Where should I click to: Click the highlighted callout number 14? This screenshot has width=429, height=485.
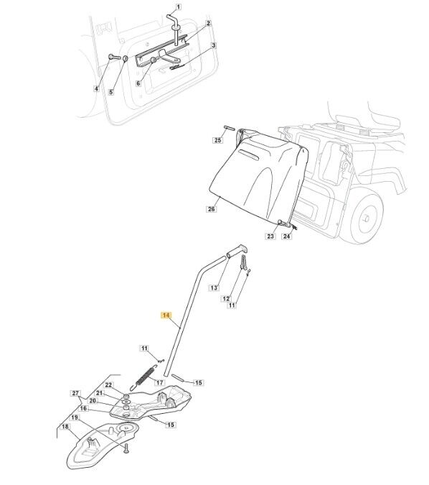point(166,315)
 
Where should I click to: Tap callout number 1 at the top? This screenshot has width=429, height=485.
point(178,6)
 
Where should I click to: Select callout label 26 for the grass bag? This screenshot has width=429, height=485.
point(211,209)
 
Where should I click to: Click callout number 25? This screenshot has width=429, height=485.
point(218,140)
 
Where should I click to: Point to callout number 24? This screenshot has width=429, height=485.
point(287,236)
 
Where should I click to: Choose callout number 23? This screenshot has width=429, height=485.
point(270,236)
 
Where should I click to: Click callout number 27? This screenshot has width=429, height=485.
point(75,394)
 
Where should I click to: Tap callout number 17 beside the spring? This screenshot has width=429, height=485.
point(159,382)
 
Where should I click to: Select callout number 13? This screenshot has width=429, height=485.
point(214,288)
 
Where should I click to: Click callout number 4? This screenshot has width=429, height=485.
point(96,89)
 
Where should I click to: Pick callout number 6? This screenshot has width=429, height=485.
point(138,83)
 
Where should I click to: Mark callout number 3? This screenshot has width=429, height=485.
point(213,45)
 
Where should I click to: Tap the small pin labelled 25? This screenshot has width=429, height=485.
point(228,127)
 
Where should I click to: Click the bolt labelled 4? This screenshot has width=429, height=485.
point(113,57)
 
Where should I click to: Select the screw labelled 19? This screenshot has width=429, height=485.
point(126,448)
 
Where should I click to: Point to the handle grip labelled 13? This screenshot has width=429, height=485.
point(237,250)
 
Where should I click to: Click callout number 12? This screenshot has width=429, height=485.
point(226,298)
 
